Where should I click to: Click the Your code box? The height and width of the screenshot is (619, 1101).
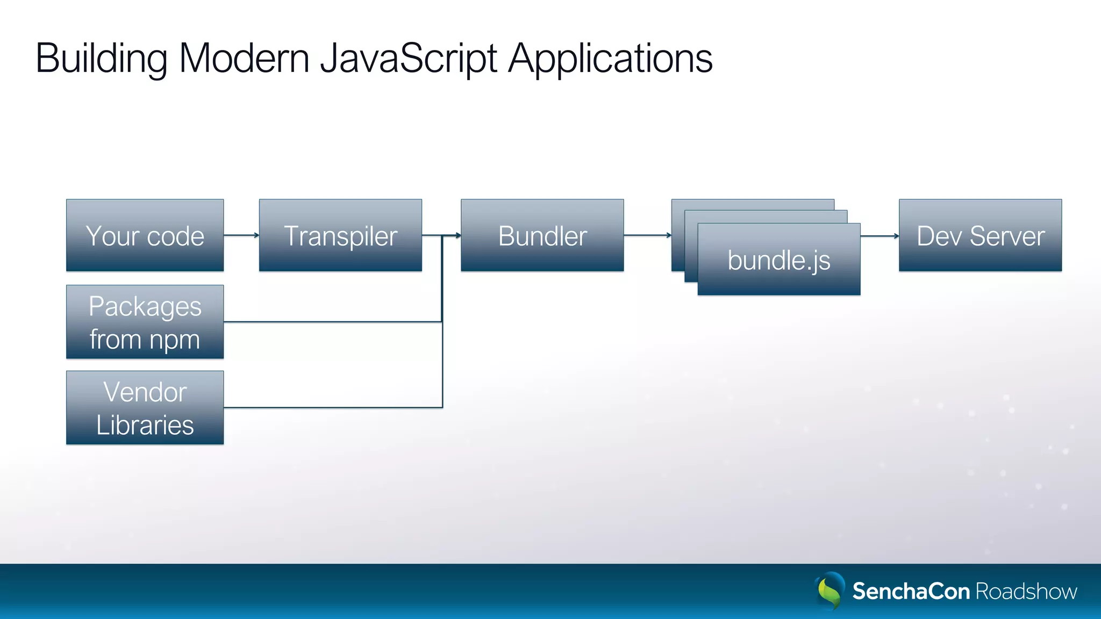coord(145,235)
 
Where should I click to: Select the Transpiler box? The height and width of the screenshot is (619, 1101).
coord(340,235)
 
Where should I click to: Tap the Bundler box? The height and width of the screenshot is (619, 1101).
coord(542,235)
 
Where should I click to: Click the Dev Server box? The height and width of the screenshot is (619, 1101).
coord(980,235)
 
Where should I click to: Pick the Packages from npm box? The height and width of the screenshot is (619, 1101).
coord(145,322)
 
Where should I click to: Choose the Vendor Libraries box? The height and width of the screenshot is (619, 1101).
coord(145,407)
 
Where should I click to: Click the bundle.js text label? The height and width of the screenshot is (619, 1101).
coord(778,261)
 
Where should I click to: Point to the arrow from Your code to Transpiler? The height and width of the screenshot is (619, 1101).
coord(241,235)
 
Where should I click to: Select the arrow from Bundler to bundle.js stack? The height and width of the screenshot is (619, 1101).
coord(647,235)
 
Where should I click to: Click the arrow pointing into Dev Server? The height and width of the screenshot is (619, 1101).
coord(880,235)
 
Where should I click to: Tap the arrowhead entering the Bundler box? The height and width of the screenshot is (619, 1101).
coord(457,235)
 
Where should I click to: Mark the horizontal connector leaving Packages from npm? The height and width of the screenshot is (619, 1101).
coord(332,322)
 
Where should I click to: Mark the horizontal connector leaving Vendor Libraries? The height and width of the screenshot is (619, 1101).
coord(332,407)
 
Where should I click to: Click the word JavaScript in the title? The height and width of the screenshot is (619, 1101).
coord(409,58)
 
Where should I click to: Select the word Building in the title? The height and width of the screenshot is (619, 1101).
coord(101,58)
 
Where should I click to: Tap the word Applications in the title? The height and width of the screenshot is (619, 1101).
coord(610,58)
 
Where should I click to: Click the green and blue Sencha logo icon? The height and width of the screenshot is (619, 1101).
coord(830,591)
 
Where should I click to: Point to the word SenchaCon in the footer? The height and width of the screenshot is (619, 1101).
coord(911,591)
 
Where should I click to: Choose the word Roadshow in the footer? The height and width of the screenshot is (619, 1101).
coord(1026,591)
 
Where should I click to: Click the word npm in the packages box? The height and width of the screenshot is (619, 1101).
coord(174,340)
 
